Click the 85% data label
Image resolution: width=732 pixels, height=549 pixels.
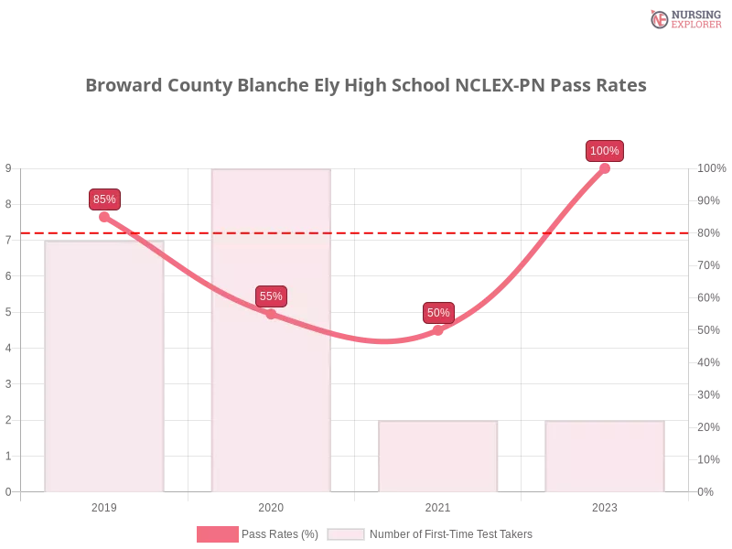[104, 199]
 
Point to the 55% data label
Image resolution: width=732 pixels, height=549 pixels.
[271, 296]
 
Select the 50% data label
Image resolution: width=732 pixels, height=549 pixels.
[438, 312]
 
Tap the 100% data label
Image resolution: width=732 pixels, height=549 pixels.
[605, 150]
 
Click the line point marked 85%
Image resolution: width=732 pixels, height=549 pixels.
[103, 217]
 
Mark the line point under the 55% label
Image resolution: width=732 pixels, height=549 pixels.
[271, 314]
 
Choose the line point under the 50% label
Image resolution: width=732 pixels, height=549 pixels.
[438, 330]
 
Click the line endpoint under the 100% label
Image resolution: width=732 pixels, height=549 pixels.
[605, 167]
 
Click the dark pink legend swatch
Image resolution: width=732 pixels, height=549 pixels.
[217, 533]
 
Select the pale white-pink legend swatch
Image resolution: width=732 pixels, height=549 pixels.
[346, 533]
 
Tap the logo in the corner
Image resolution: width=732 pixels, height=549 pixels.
[684, 18]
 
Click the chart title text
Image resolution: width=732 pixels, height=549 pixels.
[366, 86]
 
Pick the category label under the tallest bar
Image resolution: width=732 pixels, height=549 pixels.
[270, 505]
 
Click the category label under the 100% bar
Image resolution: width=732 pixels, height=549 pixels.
[604, 505]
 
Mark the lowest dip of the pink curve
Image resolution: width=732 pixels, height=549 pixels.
[384, 342]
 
